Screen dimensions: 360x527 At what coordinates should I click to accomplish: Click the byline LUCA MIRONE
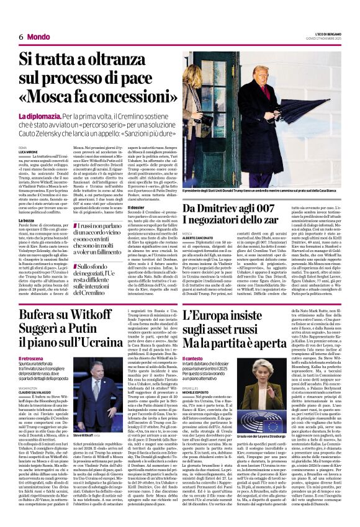[x=28, y=152]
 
